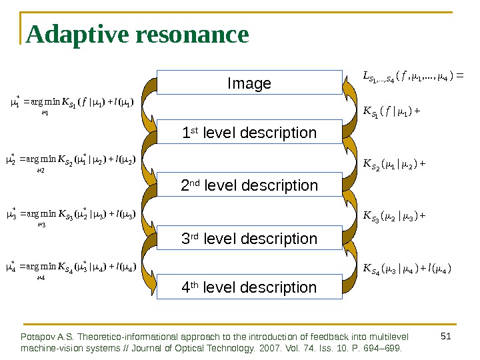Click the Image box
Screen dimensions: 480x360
coord(249,83)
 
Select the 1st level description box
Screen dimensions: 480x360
coord(249,133)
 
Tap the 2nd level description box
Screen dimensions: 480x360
coord(249,185)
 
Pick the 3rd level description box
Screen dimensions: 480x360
coord(249,238)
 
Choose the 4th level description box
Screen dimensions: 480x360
coord(249,287)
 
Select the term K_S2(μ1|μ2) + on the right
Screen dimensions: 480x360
coord(394,162)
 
